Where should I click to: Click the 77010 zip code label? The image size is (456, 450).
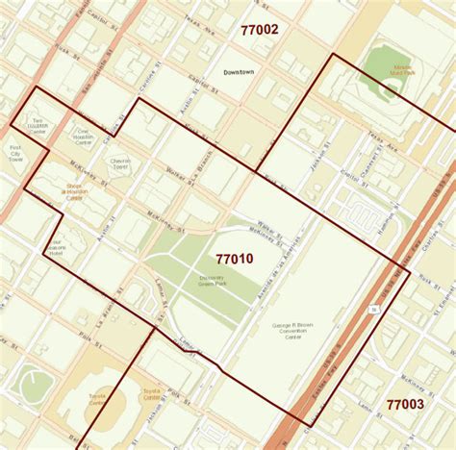[x=234, y=259]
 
